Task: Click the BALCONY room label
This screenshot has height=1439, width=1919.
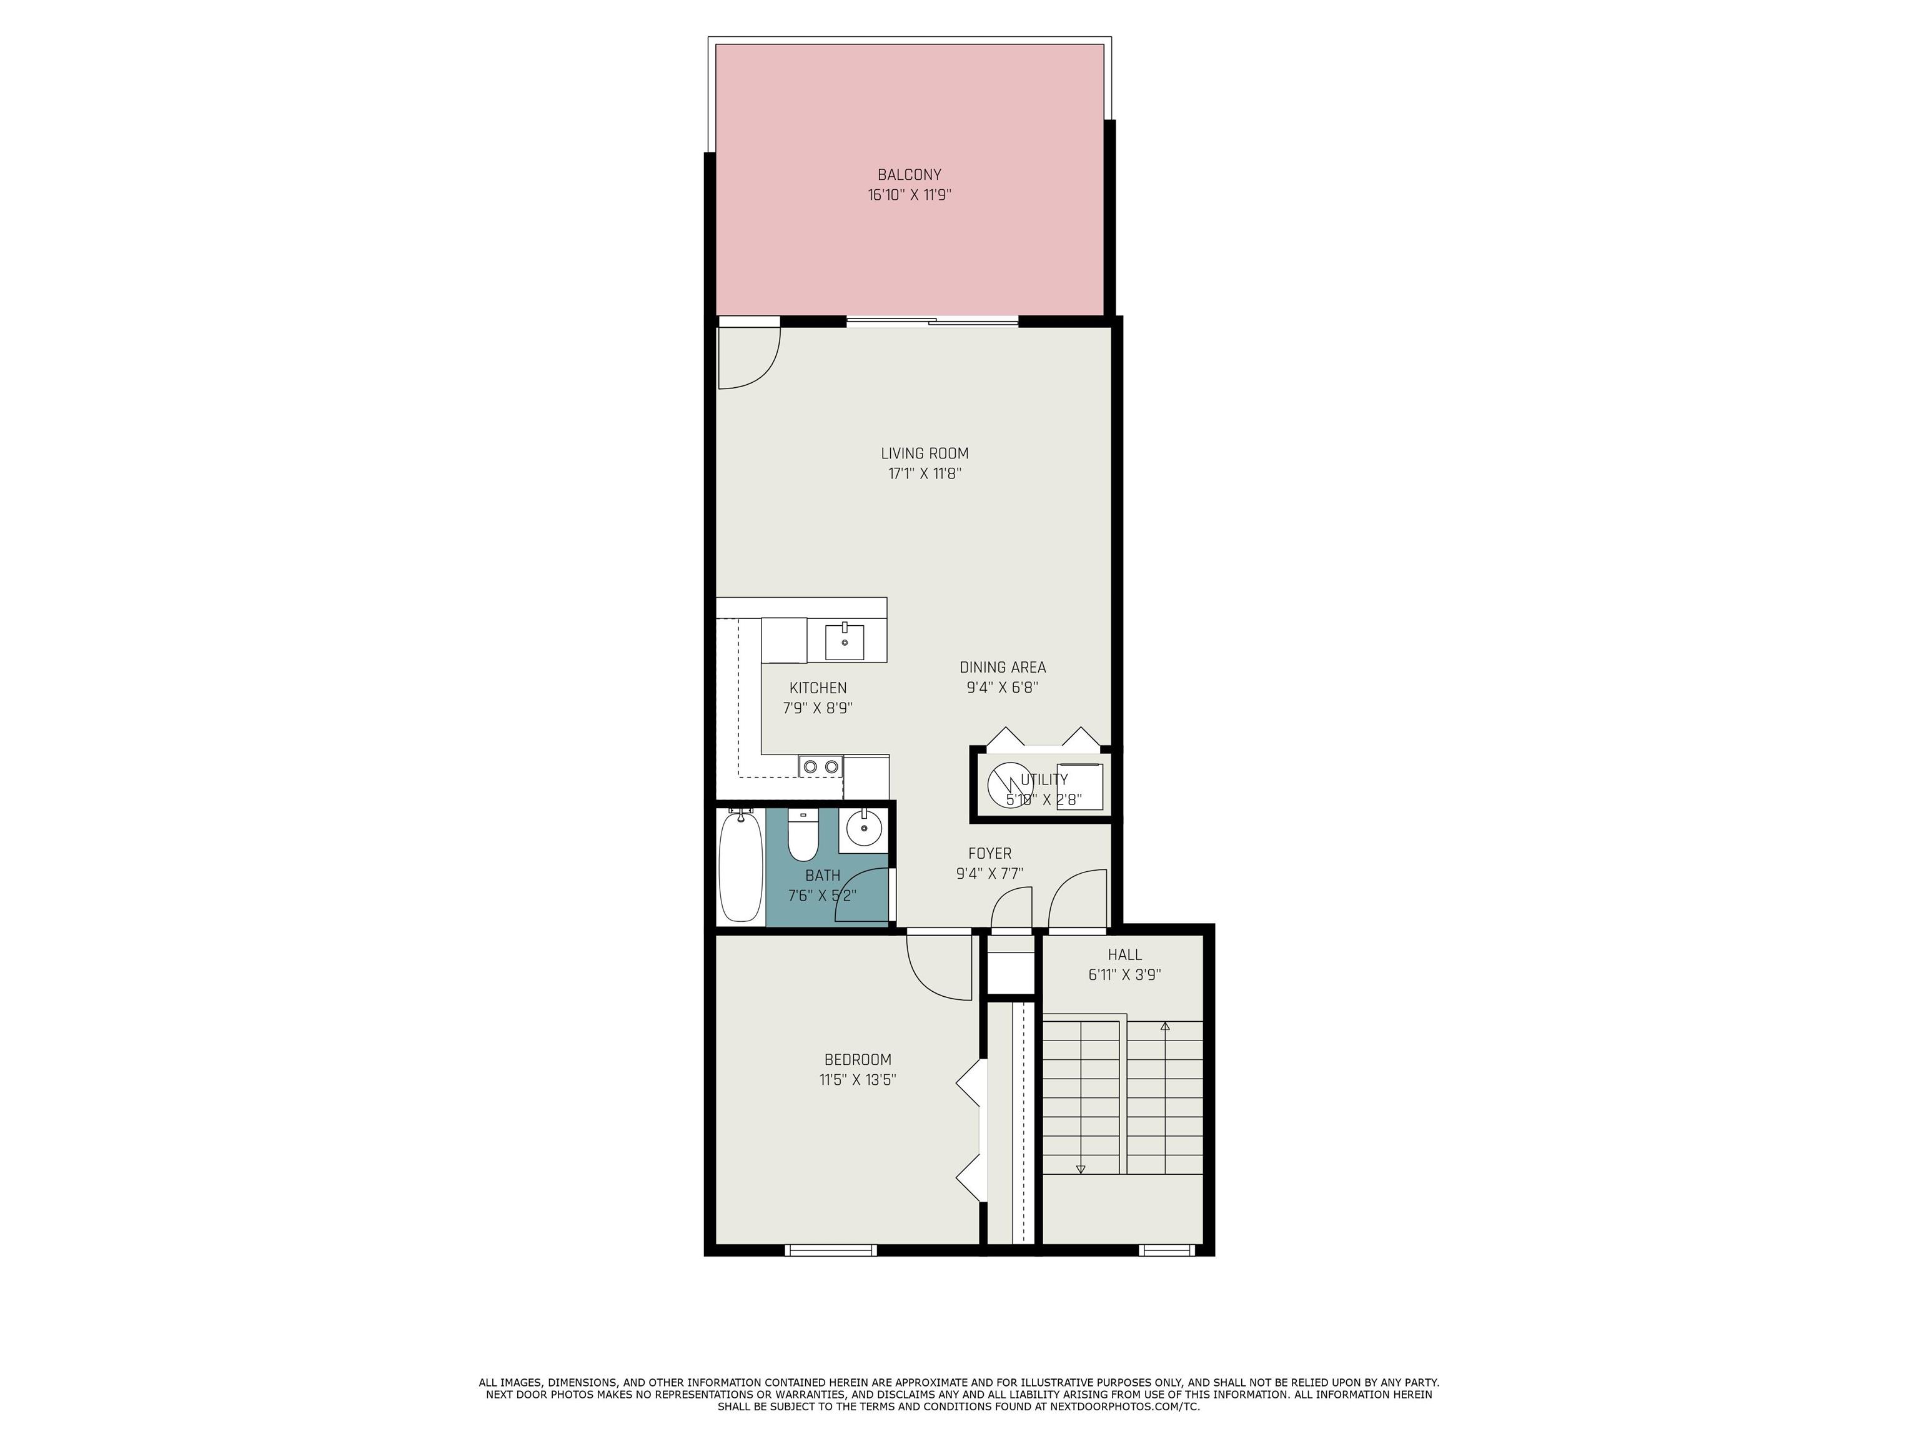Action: click(x=909, y=174)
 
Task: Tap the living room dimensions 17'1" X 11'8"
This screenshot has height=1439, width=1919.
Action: click(x=925, y=473)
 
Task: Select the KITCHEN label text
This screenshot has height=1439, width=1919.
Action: click(x=818, y=688)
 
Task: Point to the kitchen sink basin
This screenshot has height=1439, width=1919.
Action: click(x=844, y=642)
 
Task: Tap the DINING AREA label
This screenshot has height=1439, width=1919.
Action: click(x=1003, y=667)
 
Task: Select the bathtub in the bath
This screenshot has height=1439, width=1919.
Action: click(x=740, y=866)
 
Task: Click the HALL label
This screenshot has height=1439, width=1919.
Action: click(x=1124, y=954)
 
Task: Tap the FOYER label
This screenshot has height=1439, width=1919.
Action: click(x=990, y=854)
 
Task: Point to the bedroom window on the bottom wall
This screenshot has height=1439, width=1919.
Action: click(x=831, y=1250)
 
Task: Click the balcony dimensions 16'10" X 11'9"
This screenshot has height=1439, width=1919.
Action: click(x=909, y=195)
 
